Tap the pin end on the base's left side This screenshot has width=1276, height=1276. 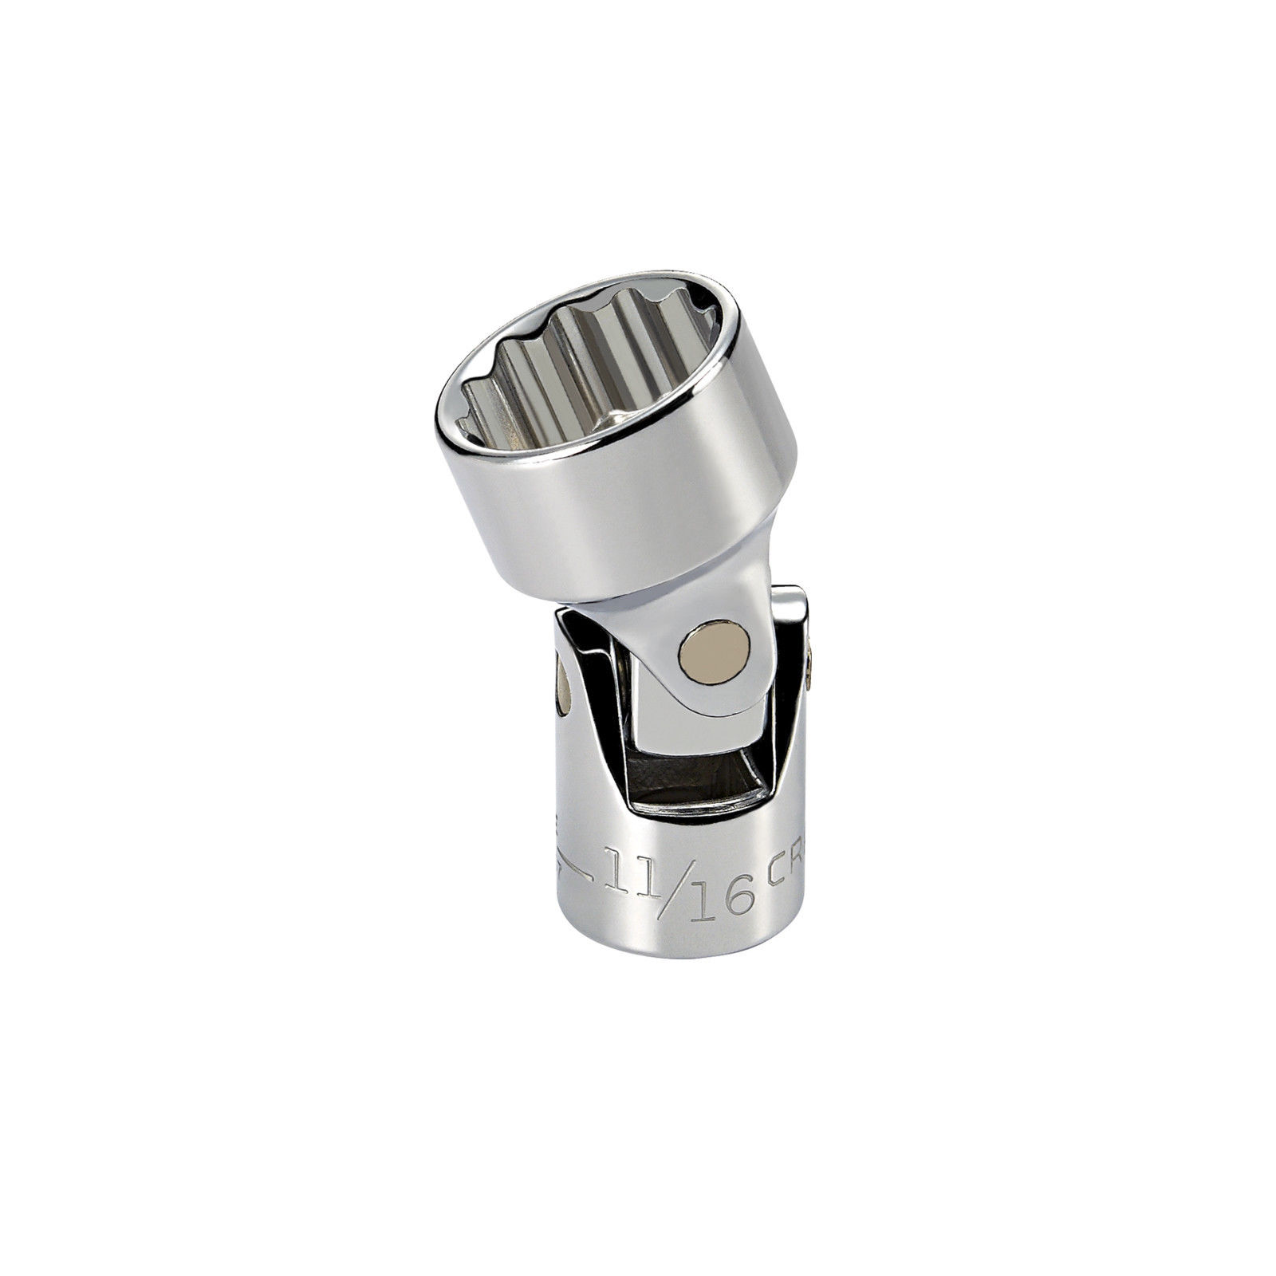pyautogui.click(x=562, y=687)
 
